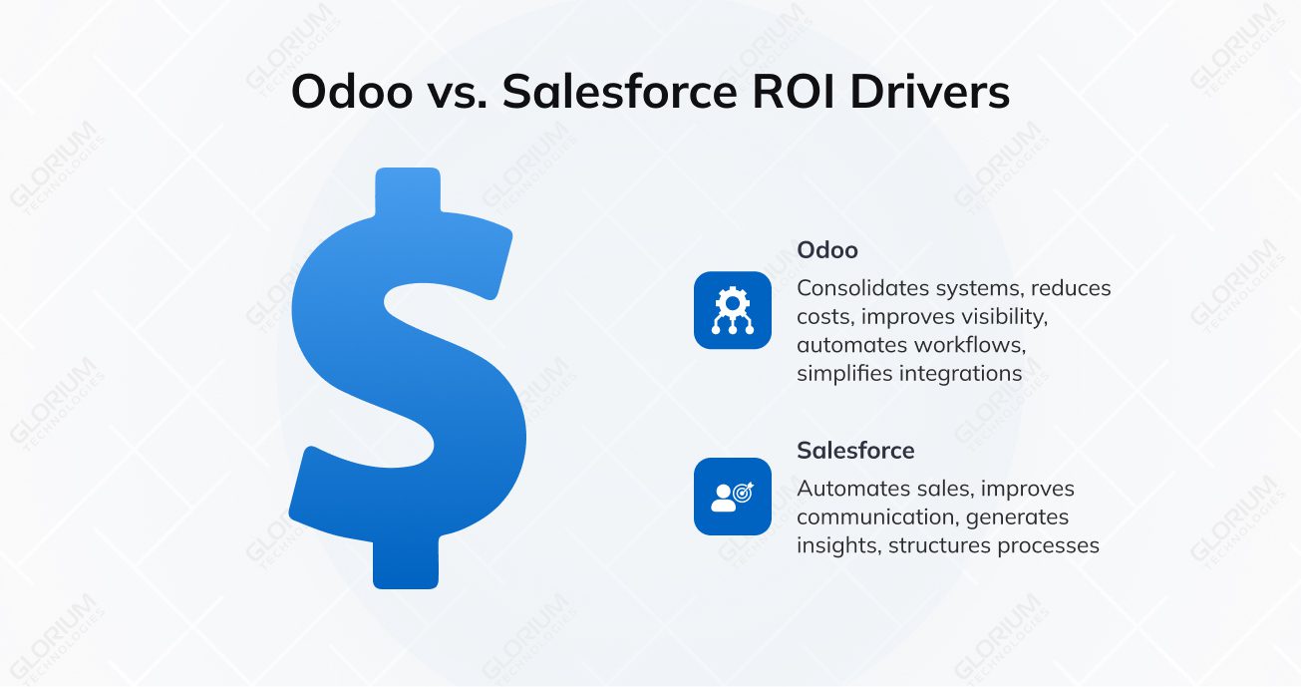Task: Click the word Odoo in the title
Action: coord(352,93)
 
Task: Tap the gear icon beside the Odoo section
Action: coord(733,310)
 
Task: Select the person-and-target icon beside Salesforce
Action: coord(733,496)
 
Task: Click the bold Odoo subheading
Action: coord(827,250)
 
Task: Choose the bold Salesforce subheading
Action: coord(855,451)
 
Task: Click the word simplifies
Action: coord(844,374)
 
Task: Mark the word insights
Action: coord(835,545)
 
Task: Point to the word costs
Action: coord(821,317)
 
